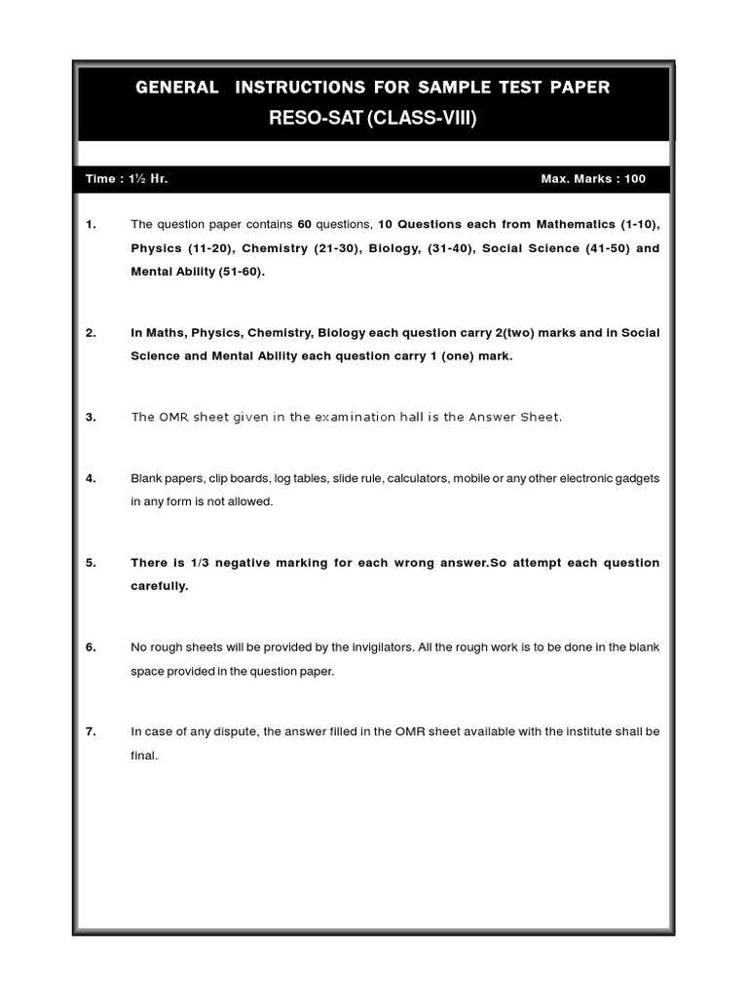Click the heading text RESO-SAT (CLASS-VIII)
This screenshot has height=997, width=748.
point(373,120)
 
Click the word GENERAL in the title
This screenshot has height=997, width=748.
point(177,88)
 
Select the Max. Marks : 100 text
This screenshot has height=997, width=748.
point(592,179)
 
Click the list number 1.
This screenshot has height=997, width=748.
point(91,225)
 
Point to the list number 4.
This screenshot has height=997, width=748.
point(91,478)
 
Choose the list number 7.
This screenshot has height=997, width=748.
point(91,731)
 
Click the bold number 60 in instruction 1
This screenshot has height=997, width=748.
point(304,225)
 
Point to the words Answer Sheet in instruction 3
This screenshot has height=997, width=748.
point(514,417)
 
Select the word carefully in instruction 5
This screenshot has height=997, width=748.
point(160,586)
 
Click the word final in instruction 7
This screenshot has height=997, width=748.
point(143,755)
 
